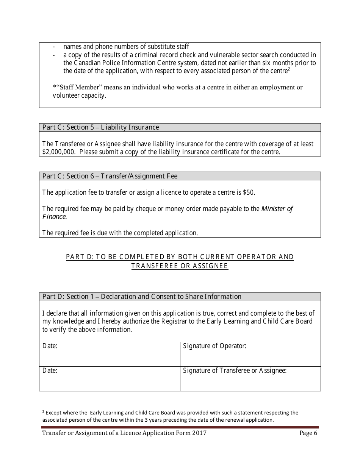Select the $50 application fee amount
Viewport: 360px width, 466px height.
pyautogui.click(x=249, y=192)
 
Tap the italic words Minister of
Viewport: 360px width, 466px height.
pyautogui.click(x=277, y=209)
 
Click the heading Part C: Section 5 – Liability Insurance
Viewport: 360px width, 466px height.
pyautogui.click(x=100, y=127)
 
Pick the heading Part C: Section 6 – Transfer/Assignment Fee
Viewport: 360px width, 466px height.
pyautogui.click(x=110, y=176)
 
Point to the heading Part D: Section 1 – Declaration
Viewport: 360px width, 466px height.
pyautogui.click(x=141, y=297)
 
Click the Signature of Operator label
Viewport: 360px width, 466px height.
pyautogui.click(x=214, y=346)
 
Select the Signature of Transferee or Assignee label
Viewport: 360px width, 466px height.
pyautogui.click(x=235, y=371)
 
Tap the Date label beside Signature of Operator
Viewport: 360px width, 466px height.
pyautogui.click(x=50, y=346)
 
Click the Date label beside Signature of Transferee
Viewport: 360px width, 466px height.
pyautogui.click(x=50, y=371)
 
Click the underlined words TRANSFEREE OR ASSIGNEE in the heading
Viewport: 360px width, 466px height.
pyautogui.click(x=180, y=266)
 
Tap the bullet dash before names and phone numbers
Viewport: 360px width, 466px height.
pyautogui.click(x=54, y=47)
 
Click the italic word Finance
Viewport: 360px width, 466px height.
pyautogui.click(x=54, y=217)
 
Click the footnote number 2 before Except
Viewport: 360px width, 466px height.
pyautogui.click(x=43, y=411)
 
